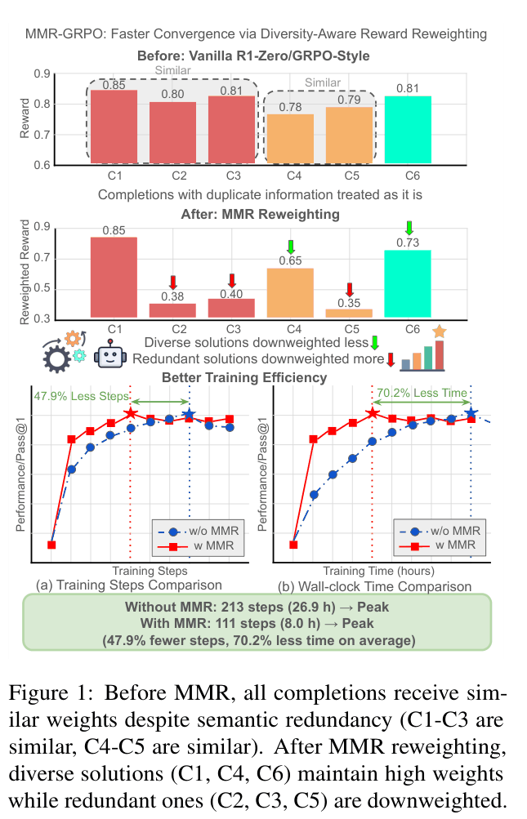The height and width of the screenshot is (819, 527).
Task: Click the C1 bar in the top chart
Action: [x=114, y=126]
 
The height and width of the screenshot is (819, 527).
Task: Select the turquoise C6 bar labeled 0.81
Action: [x=408, y=130]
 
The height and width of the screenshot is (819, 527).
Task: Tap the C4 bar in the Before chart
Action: [x=290, y=139]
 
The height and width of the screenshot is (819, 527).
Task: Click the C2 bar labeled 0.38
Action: [x=172, y=310]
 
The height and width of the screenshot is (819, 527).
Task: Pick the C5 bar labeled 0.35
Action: [x=349, y=313]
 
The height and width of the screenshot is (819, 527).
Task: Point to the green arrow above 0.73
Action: [x=409, y=226]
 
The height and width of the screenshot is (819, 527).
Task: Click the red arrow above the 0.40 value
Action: [x=231, y=280]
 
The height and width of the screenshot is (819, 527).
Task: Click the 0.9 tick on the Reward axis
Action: [x=62, y=74]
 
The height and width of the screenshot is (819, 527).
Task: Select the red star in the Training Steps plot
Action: [x=131, y=413]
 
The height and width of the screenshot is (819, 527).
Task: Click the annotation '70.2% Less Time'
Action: [x=422, y=393]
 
